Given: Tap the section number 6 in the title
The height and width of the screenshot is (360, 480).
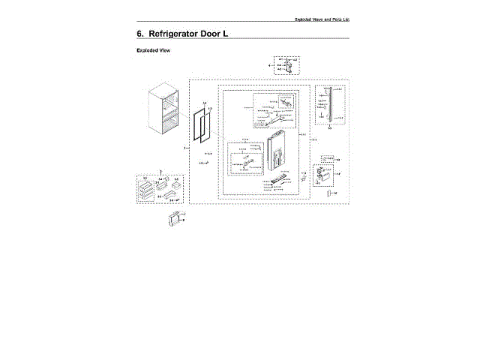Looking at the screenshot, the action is click(140, 35).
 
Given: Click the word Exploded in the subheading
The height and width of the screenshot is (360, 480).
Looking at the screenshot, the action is click(147, 51).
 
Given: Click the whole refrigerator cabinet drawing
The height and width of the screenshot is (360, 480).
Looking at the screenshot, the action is click(165, 109).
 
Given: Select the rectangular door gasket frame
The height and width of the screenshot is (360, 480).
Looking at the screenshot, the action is click(200, 135).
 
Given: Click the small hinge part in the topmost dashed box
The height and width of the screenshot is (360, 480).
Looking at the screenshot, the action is click(286, 67).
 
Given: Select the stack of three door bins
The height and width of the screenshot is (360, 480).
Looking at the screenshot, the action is click(147, 190).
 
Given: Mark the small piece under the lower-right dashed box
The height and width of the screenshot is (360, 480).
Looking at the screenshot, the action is click(328, 193).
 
